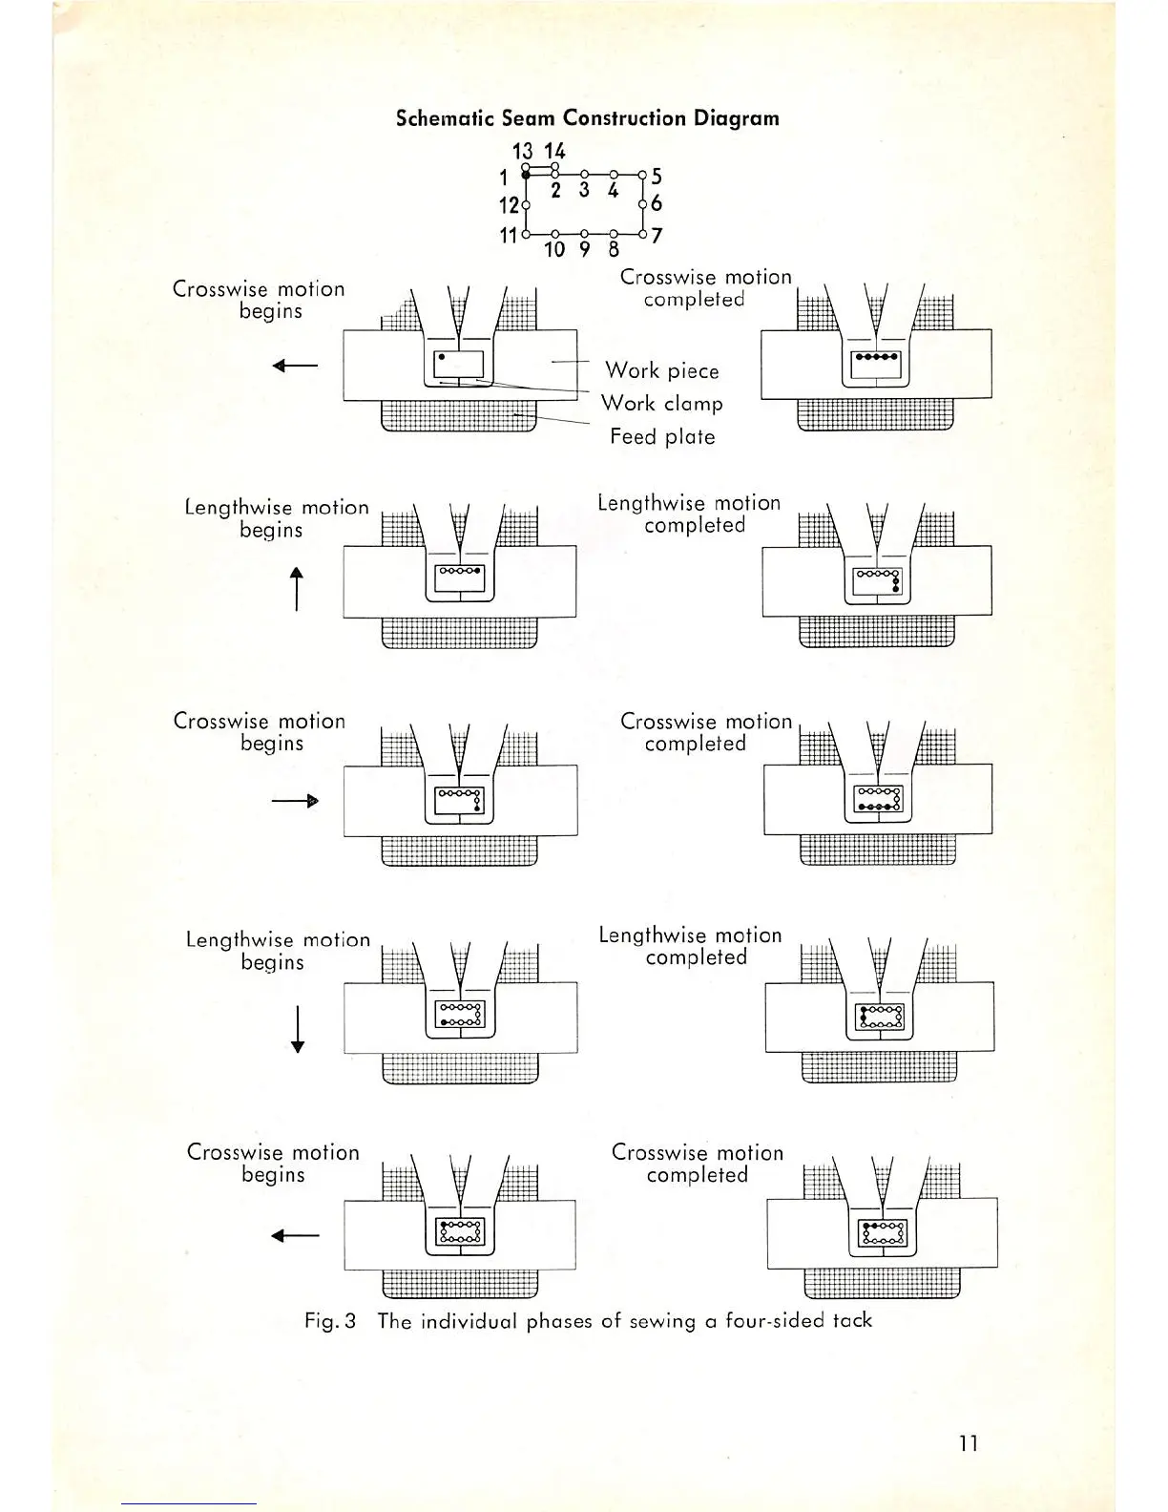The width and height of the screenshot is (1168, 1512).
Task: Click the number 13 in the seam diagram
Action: (x=522, y=151)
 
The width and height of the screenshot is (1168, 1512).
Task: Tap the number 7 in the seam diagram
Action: (x=657, y=235)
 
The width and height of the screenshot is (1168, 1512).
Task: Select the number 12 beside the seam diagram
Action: (x=509, y=205)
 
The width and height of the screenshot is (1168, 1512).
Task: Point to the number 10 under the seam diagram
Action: (x=554, y=250)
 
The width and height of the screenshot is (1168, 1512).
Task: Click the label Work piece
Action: (x=661, y=370)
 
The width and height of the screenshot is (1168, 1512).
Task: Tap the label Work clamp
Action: (x=661, y=404)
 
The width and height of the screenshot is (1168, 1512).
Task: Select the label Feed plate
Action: (x=662, y=437)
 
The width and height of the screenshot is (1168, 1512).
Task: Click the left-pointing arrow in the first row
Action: (x=295, y=366)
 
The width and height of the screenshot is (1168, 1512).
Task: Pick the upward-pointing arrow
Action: (x=297, y=588)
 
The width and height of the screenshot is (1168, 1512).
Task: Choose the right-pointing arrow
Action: (x=295, y=801)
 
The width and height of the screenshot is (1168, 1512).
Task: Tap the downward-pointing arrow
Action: (x=298, y=1029)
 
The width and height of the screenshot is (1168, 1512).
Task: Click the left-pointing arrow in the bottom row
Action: (x=295, y=1236)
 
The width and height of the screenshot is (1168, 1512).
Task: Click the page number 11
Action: (x=969, y=1443)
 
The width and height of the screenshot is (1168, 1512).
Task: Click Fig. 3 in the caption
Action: (x=330, y=1321)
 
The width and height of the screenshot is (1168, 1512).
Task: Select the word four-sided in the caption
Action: (x=774, y=1321)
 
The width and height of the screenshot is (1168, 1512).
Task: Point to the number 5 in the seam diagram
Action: (x=657, y=177)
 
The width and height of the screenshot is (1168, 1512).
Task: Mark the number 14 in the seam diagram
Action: (x=554, y=151)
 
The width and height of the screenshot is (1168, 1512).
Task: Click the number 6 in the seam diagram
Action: (x=657, y=203)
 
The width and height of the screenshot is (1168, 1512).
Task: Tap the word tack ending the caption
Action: (x=852, y=1320)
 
